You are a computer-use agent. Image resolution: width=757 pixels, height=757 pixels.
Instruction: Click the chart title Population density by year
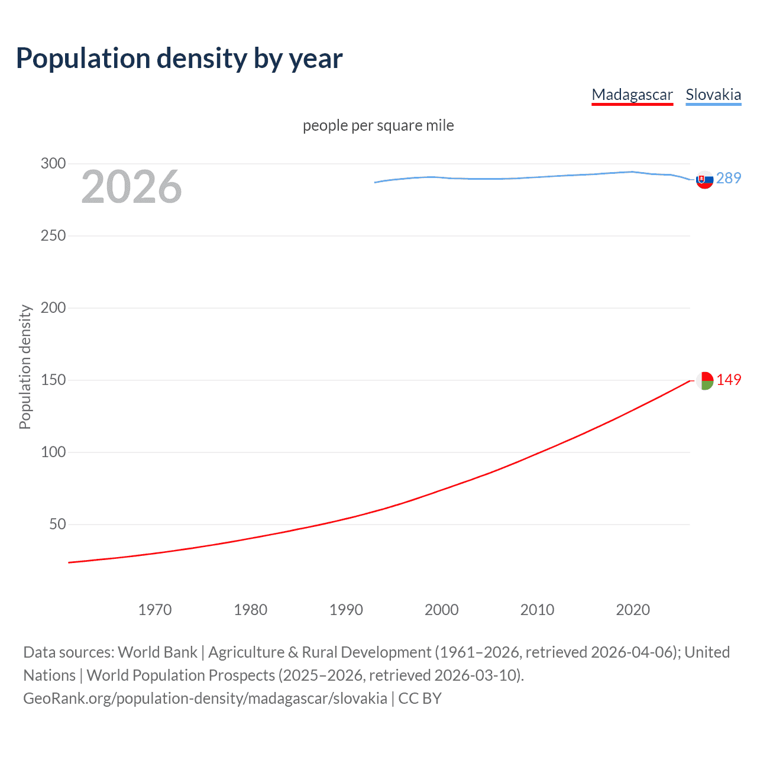click(179, 59)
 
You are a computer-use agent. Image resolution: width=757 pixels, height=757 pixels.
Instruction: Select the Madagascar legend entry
click(632, 95)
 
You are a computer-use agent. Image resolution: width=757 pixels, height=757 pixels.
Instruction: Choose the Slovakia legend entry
click(713, 95)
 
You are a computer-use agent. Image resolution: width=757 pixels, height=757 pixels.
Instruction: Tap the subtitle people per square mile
click(378, 125)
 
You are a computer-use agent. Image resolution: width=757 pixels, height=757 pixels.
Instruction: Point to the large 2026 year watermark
click(131, 187)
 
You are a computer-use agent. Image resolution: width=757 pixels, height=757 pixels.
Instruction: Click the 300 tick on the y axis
click(53, 163)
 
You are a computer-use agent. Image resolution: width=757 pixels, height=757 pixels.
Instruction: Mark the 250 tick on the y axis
click(53, 235)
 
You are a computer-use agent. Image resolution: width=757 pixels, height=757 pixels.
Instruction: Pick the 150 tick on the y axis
click(53, 380)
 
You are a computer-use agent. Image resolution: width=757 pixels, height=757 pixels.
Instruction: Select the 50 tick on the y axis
click(57, 524)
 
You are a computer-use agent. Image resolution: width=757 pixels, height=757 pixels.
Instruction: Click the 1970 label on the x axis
click(155, 610)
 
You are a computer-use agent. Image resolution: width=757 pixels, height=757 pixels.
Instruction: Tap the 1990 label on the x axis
click(346, 610)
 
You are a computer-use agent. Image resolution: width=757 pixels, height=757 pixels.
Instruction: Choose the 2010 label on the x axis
click(537, 610)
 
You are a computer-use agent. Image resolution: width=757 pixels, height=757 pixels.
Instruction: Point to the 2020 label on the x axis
click(633, 610)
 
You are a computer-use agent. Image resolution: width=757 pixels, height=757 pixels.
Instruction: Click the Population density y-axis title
click(25, 367)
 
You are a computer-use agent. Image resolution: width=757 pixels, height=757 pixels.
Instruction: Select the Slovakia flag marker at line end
click(704, 180)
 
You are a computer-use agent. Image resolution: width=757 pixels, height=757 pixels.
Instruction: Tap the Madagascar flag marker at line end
click(704, 381)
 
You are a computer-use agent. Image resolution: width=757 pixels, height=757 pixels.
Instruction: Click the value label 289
click(729, 178)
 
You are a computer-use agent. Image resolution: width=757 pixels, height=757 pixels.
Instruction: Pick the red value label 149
click(729, 380)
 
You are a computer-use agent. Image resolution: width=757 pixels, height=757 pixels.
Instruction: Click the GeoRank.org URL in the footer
click(205, 698)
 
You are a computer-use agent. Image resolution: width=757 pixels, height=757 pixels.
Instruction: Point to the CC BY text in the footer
click(420, 698)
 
